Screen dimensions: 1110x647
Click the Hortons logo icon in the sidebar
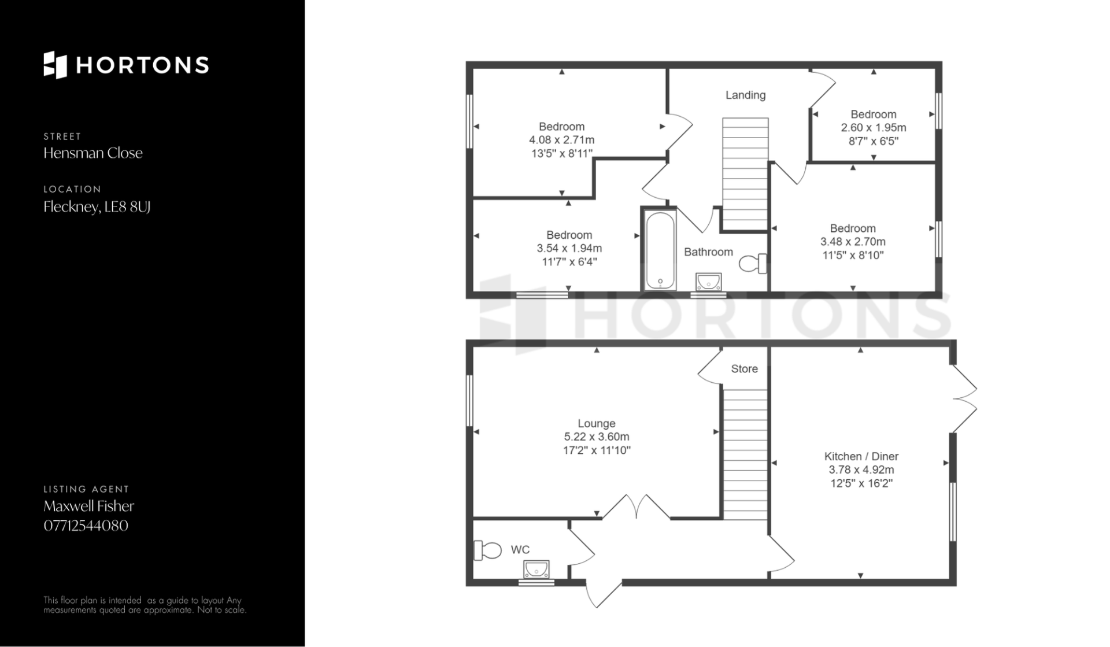coord(55,65)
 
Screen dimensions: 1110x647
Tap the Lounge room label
coord(597,423)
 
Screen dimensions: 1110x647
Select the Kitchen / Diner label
coord(861,456)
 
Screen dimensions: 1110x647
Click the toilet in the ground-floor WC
coord(487,550)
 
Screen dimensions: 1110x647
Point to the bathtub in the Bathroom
coord(660,250)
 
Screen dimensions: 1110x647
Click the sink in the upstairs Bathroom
coord(708,282)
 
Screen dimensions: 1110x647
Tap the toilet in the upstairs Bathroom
coord(753,264)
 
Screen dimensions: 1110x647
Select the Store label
coord(744,369)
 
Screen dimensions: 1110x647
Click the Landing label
coord(746,95)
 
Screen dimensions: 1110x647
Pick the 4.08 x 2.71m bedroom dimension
coord(562,140)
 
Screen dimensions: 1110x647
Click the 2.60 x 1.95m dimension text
coord(874,128)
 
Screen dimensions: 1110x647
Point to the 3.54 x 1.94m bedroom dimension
coord(569,248)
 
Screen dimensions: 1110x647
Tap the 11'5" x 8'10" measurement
coord(853,255)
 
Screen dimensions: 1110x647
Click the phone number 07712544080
coord(86,526)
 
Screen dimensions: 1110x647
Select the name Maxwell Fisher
coord(89,506)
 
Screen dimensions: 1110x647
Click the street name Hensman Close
coord(93,153)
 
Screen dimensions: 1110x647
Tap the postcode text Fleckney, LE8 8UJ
coord(97,206)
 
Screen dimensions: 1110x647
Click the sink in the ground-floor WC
coord(536,570)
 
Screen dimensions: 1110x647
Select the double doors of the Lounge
coord(637,506)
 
